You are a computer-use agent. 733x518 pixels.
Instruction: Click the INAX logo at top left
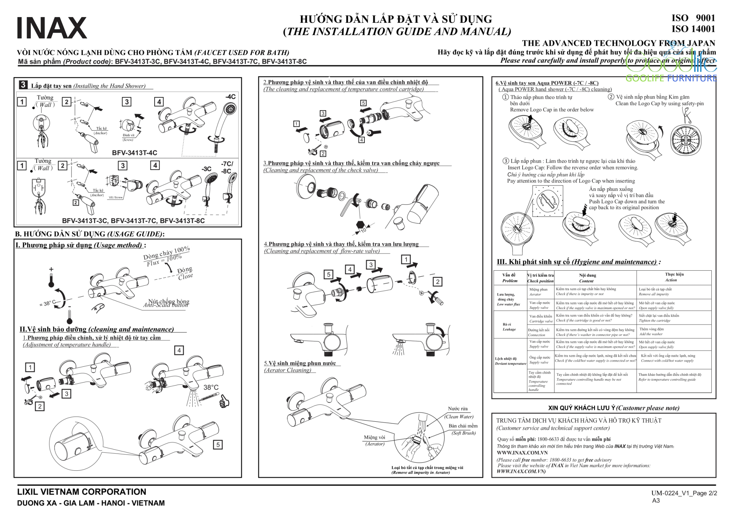click(52, 28)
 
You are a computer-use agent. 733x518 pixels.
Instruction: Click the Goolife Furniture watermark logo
click(671, 68)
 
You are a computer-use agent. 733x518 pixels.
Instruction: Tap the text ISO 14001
click(693, 29)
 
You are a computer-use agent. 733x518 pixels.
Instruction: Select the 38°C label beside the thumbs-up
click(211, 387)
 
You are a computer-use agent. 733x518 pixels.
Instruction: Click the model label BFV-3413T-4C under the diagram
click(135, 153)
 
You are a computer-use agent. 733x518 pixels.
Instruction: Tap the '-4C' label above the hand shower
click(230, 97)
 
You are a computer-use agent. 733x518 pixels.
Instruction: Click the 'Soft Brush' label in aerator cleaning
click(464, 433)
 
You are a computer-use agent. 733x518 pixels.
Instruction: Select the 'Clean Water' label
click(459, 417)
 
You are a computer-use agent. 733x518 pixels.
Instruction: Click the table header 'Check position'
click(541, 281)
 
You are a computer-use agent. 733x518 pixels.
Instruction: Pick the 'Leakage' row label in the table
click(509, 329)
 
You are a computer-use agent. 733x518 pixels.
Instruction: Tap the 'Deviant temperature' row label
click(511, 363)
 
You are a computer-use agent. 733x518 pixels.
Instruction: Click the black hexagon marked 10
click(360, 225)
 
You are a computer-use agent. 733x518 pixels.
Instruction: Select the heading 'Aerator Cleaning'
click(288, 370)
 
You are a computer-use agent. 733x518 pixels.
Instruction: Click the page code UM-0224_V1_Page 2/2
click(684, 493)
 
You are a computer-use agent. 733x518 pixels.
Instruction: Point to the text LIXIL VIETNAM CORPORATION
click(82, 492)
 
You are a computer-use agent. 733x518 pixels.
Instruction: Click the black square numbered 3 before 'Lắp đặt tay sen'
click(23, 85)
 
